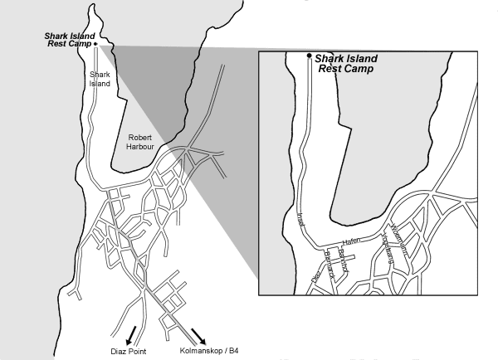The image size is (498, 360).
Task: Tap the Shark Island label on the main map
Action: click(x=100, y=78)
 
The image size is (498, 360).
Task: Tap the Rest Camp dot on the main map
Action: click(x=96, y=43)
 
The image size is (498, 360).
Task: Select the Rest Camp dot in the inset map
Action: click(x=310, y=56)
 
